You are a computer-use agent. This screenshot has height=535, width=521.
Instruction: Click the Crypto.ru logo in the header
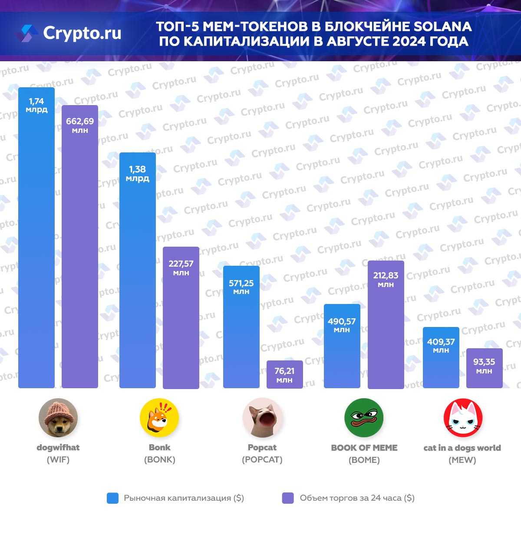click(x=69, y=33)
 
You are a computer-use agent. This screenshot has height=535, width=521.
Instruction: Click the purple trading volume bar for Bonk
click(x=181, y=317)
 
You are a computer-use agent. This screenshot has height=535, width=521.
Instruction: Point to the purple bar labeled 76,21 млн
click(x=284, y=374)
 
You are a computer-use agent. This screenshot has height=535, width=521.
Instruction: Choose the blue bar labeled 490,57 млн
click(x=342, y=346)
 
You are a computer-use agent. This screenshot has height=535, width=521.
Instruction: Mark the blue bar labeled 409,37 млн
click(x=441, y=357)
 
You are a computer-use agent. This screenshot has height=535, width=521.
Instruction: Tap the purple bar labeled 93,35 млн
click(x=484, y=368)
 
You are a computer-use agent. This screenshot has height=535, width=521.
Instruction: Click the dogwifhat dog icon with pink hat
click(x=58, y=417)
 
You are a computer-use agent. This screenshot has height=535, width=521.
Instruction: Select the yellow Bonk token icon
click(x=159, y=417)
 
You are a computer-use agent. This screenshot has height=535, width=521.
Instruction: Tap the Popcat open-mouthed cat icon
click(x=262, y=417)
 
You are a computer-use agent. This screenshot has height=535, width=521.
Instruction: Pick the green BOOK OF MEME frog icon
click(x=364, y=417)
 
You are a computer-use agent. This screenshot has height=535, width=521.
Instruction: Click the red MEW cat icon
click(x=463, y=417)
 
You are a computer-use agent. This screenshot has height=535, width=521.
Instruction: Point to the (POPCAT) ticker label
click(x=262, y=459)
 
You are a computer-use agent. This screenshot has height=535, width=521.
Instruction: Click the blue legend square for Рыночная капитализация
click(x=112, y=498)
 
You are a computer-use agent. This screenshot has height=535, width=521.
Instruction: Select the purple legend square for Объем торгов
click(x=288, y=498)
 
